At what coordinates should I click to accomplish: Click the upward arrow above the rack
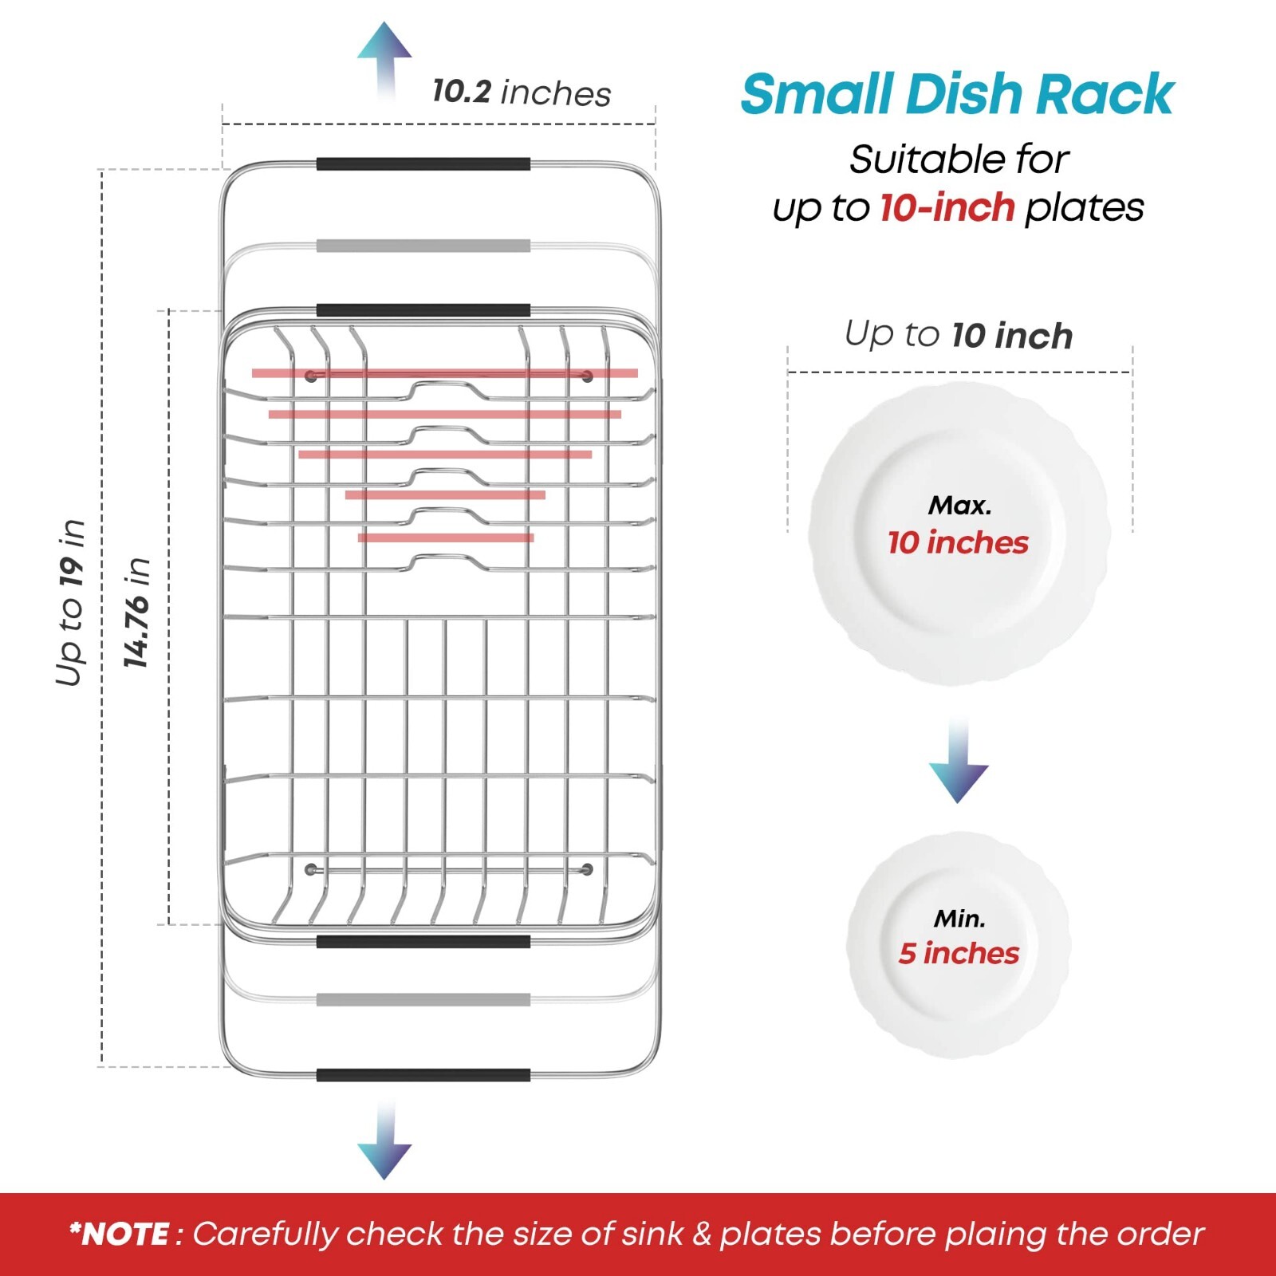[x=384, y=60]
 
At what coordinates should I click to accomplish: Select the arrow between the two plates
[x=958, y=761]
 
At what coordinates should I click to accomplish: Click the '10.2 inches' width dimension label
[x=522, y=93]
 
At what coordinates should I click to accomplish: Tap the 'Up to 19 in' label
[x=70, y=603]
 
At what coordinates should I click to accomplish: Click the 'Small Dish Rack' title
[x=957, y=94]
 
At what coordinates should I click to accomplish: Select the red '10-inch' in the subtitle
[x=947, y=208]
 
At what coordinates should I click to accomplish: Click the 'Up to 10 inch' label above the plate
[x=959, y=335]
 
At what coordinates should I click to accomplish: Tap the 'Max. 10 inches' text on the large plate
[x=959, y=526]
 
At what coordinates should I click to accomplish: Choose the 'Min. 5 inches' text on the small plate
[x=959, y=937]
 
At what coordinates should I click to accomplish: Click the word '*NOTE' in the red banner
[x=120, y=1234]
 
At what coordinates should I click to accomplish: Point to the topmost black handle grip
[x=423, y=164]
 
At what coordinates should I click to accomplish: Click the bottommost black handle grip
[x=423, y=1075]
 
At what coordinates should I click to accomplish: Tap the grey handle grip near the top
[x=423, y=246]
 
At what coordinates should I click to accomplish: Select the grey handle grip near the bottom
[x=423, y=1000]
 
